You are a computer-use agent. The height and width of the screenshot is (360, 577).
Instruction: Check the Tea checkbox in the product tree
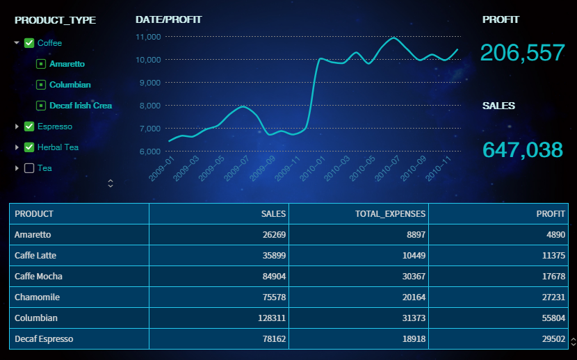point(29,168)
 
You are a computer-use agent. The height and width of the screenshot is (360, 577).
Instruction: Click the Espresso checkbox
point(29,126)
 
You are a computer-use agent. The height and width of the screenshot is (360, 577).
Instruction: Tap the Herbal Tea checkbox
point(29,147)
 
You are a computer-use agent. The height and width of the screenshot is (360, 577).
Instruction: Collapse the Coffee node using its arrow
point(17,43)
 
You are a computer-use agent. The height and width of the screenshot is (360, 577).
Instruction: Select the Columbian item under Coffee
point(70,85)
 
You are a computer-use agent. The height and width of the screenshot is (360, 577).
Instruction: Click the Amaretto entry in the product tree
point(67,64)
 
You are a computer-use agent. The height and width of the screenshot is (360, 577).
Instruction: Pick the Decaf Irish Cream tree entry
point(80,106)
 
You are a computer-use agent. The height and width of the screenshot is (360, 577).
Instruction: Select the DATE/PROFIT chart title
point(168,19)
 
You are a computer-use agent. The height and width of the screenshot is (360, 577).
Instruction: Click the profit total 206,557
point(522,53)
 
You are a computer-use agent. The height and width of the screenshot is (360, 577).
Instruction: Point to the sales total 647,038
point(522,149)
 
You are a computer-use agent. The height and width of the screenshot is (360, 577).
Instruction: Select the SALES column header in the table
point(273,214)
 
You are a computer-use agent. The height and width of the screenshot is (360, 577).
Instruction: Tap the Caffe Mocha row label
point(38,277)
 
